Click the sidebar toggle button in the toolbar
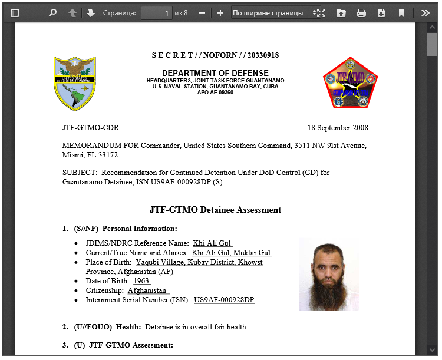(15, 13)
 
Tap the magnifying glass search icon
(52, 13)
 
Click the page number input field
(156, 13)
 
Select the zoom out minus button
(202, 13)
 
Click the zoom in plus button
(220, 13)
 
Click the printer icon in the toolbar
(361, 13)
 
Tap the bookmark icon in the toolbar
(401, 13)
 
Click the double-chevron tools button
(425, 13)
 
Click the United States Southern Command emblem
(75, 83)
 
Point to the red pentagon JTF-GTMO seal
(350, 83)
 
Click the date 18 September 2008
(338, 128)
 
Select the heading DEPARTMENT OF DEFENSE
(215, 74)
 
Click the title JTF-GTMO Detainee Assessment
(215, 210)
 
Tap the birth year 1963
(141, 281)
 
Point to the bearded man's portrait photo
(328, 275)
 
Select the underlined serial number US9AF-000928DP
(224, 300)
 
